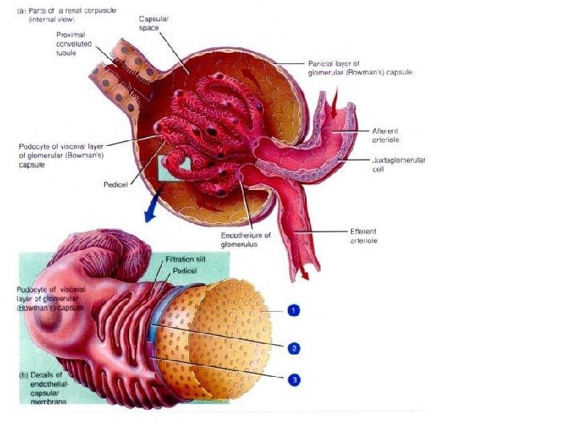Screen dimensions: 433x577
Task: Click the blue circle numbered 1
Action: [x=295, y=310]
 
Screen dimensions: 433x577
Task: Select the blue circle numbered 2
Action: [x=295, y=348]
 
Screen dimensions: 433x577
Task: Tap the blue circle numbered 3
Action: [x=295, y=380]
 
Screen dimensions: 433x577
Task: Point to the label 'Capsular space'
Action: [x=154, y=22]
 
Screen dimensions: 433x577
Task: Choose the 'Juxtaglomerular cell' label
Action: [x=398, y=164]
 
